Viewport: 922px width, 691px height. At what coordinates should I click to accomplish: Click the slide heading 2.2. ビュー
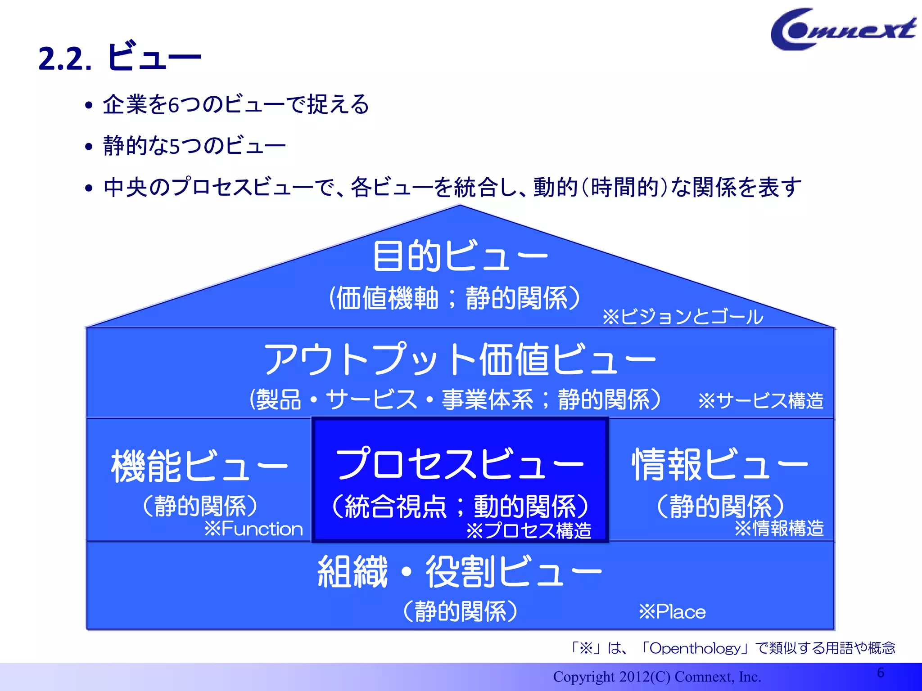[119, 57]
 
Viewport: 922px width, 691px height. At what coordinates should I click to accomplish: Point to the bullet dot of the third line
[89, 188]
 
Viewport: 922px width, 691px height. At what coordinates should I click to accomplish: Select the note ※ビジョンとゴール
[682, 317]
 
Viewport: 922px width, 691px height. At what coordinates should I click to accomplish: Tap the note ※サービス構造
[761, 400]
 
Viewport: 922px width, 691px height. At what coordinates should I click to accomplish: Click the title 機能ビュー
[199, 466]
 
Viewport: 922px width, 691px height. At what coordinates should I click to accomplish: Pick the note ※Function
[253, 529]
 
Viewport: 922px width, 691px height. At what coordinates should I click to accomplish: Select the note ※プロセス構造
[529, 531]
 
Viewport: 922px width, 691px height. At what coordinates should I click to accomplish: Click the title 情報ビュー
[720, 464]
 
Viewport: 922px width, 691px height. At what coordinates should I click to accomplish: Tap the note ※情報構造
[779, 528]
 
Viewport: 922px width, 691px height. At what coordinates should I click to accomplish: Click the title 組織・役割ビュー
[460, 571]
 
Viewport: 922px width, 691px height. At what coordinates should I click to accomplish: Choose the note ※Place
[672, 612]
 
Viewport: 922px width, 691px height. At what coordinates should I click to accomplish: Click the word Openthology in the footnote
[695, 648]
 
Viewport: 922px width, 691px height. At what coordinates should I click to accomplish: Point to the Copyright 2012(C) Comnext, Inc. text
[657, 677]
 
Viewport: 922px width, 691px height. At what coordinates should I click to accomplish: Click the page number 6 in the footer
[881, 673]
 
